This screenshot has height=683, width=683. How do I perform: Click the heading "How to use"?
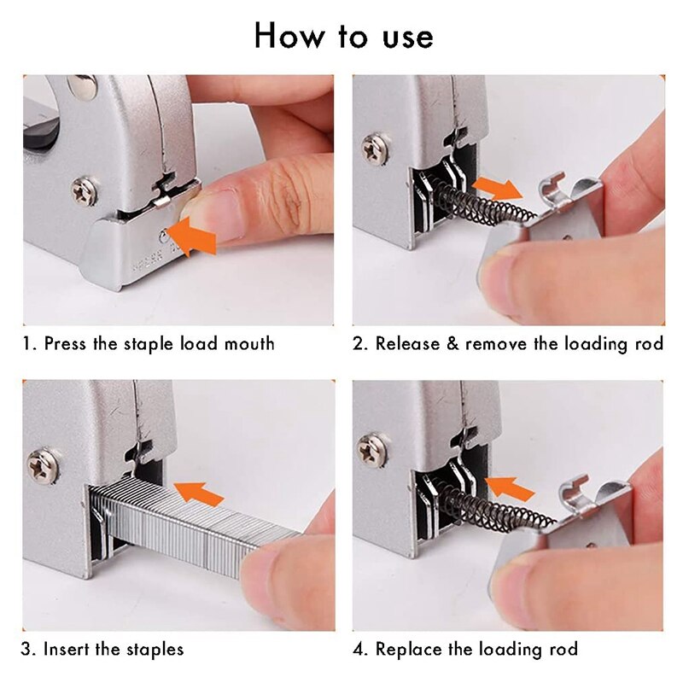(343, 36)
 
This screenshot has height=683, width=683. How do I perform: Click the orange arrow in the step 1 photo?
(192, 236)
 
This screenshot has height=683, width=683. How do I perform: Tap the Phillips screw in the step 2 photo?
(375, 148)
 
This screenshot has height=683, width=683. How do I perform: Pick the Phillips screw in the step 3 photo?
(43, 465)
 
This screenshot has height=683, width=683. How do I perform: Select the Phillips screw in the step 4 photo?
(373, 450)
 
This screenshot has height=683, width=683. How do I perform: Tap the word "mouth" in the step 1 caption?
(249, 344)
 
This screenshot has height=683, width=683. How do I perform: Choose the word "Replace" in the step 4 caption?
(406, 649)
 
